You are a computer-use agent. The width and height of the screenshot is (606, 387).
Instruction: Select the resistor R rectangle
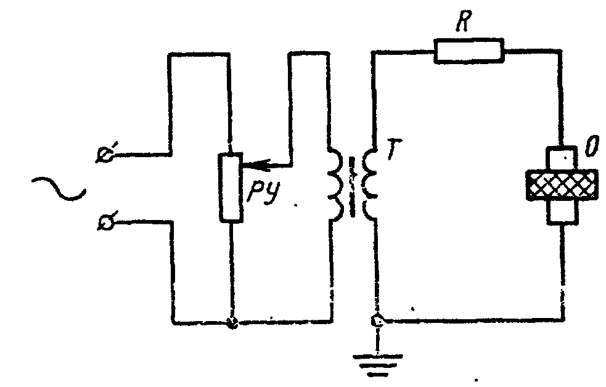(469, 50)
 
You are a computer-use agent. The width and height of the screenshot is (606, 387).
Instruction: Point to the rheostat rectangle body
(231, 188)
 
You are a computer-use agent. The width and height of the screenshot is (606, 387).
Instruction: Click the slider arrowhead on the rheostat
(252, 165)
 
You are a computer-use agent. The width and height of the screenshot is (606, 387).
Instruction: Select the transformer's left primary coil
(335, 184)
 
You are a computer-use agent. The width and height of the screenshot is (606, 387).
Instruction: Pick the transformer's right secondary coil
(369, 184)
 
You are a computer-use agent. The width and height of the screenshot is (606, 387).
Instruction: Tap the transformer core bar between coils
(352, 187)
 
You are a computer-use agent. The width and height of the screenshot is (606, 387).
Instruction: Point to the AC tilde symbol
(59, 189)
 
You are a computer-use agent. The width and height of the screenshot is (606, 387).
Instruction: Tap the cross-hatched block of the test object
(562, 185)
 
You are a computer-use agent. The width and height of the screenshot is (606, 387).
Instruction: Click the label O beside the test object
(592, 146)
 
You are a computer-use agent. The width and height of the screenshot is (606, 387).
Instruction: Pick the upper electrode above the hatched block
(562, 158)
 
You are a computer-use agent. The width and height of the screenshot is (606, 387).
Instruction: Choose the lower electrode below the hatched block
(563, 212)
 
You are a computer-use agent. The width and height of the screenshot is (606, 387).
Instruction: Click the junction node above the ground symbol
(377, 320)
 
